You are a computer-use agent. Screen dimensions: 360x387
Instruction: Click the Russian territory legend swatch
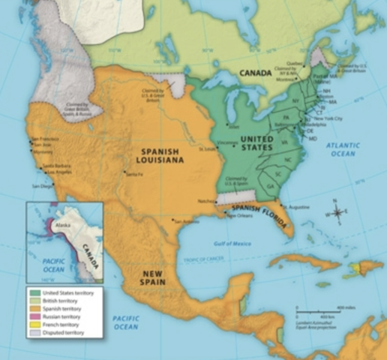click(35, 316)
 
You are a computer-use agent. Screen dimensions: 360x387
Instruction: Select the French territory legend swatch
click(35, 324)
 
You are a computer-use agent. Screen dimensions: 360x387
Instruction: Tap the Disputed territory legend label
click(65, 332)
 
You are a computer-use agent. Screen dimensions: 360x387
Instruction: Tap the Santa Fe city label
click(134, 174)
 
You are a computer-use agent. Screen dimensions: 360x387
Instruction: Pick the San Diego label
click(43, 185)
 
